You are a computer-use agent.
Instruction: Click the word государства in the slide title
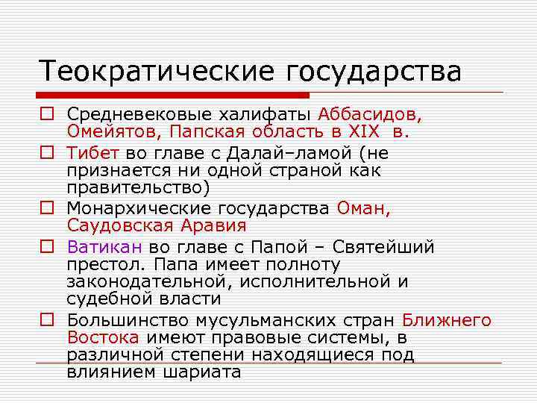pos(370,73)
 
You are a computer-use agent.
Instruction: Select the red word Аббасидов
pos(370,116)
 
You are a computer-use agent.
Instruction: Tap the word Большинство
pos(128,321)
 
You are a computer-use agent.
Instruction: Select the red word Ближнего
pos(447,321)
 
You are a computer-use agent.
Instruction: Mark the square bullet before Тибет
pos(47,154)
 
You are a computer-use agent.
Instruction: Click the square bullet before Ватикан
pos(47,247)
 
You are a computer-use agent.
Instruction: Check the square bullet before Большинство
pos(47,321)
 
